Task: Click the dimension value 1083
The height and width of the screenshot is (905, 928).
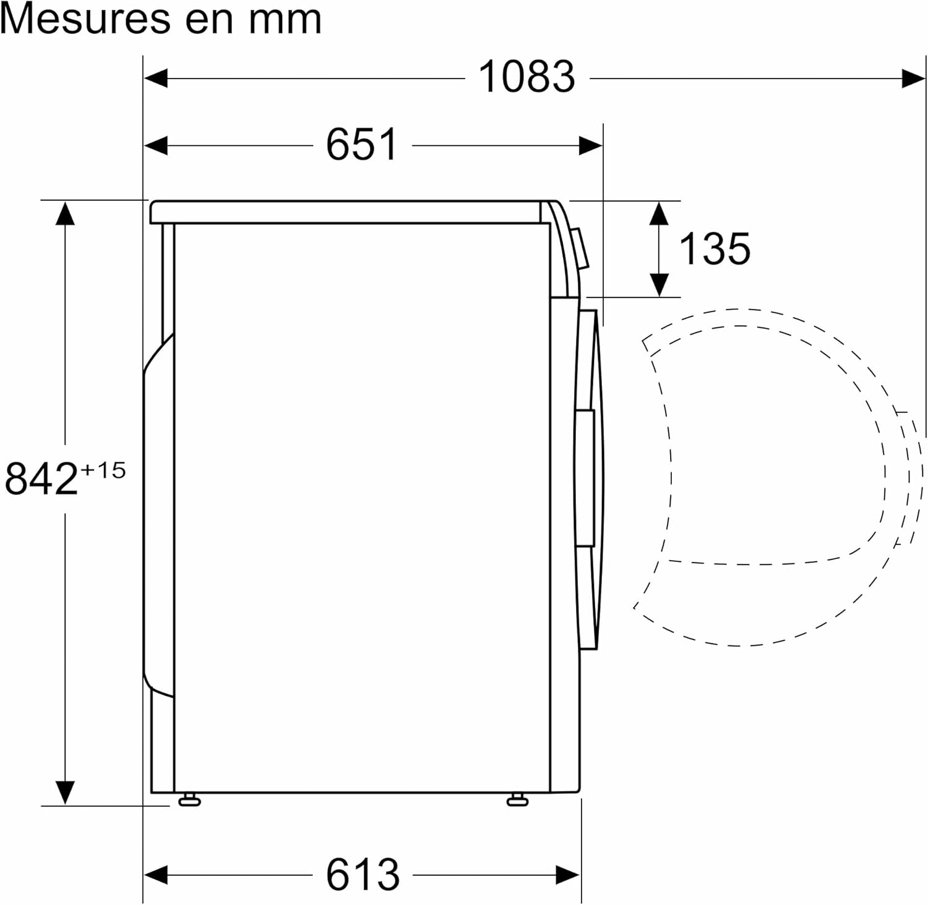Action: (x=527, y=77)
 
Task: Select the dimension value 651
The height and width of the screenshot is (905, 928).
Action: (x=362, y=145)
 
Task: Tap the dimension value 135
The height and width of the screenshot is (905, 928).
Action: (x=715, y=249)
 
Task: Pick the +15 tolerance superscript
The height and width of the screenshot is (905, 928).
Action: (x=103, y=470)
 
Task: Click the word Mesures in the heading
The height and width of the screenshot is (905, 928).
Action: (x=85, y=20)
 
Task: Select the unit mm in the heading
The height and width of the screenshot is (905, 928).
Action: (x=285, y=20)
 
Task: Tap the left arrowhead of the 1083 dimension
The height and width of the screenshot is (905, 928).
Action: (x=155, y=79)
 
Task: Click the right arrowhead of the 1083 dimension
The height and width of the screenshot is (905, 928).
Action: (x=914, y=79)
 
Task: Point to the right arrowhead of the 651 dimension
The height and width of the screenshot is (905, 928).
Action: (x=590, y=146)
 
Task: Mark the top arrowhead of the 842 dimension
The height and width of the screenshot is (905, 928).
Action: (x=65, y=213)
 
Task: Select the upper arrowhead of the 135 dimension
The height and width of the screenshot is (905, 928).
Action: (x=659, y=213)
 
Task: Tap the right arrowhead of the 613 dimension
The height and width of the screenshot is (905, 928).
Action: (x=568, y=875)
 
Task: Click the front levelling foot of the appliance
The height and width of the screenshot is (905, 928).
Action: (x=517, y=801)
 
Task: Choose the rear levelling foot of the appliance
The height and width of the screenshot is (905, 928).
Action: (x=189, y=801)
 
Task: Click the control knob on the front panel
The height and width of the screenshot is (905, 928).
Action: (x=580, y=249)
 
